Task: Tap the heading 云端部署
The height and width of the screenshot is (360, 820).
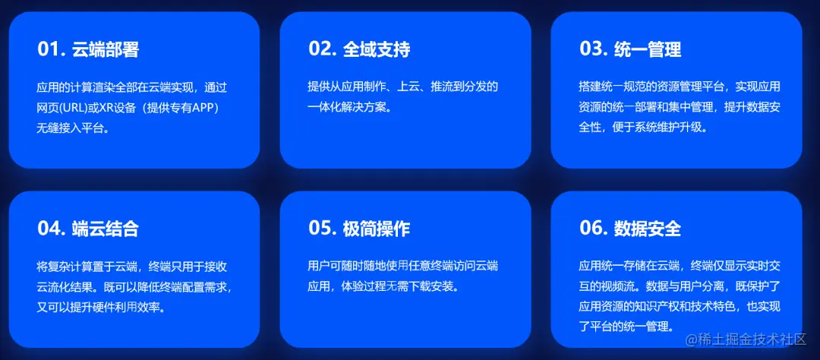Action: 106,50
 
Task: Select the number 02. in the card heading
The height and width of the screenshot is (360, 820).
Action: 322,49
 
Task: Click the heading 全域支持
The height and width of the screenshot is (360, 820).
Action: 377,49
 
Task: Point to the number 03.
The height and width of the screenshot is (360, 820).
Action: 593,49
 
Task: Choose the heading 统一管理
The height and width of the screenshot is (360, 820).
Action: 648,49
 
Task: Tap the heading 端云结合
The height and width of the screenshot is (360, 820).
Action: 106,229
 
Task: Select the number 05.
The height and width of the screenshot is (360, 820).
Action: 322,229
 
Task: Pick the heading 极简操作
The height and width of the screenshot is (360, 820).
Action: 377,229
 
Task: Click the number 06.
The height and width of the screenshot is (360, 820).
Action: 593,229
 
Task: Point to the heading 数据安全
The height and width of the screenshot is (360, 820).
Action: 648,229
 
